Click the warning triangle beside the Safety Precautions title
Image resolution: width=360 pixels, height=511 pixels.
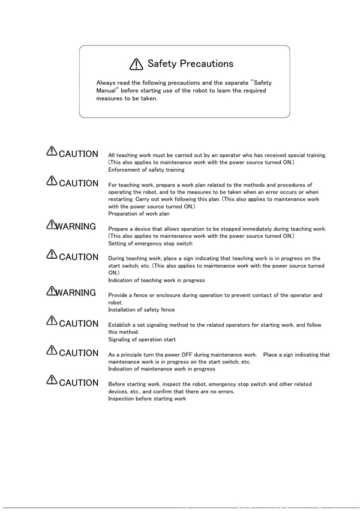[x=136, y=64]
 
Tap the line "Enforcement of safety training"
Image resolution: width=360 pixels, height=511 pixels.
[x=146, y=170]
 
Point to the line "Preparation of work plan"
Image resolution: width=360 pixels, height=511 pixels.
[x=139, y=213]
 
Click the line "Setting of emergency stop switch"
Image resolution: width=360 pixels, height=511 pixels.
[x=150, y=244]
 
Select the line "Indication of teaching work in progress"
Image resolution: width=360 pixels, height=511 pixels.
[x=156, y=280]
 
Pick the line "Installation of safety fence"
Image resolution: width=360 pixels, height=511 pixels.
[x=142, y=310]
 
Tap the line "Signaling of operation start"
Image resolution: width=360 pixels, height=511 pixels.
[x=142, y=339]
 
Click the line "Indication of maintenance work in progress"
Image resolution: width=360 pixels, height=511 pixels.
[x=161, y=369]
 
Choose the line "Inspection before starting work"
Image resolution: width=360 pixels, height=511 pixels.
[x=147, y=399]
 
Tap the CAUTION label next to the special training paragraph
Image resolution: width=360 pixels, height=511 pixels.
[x=79, y=154]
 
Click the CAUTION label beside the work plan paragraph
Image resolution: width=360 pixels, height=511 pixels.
[x=79, y=183]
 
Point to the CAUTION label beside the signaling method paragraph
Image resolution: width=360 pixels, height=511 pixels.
[x=79, y=324]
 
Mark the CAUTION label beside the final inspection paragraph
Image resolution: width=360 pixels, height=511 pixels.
[x=79, y=382]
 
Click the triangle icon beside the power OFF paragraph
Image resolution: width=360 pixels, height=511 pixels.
[x=52, y=351]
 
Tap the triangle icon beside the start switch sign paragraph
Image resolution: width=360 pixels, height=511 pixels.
[x=52, y=255]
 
